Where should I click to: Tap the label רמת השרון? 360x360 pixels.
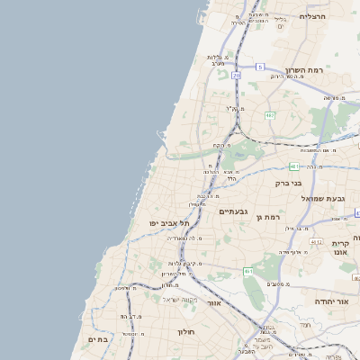click(x=303, y=69)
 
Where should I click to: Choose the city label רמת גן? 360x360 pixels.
click(x=269, y=217)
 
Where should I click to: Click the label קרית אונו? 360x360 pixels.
click(x=339, y=248)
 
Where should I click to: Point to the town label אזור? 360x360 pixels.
click(x=214, y=303)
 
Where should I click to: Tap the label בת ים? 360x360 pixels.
click(x=97, y=339)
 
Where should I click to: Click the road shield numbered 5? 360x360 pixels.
click(x=260, y=67)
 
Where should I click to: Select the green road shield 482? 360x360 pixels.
click(x=269, y=115)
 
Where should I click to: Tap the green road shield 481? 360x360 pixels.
click(x=295, y=166)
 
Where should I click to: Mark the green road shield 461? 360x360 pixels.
click(x=247, y=271)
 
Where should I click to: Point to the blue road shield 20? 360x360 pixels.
click(x=236, y=76)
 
